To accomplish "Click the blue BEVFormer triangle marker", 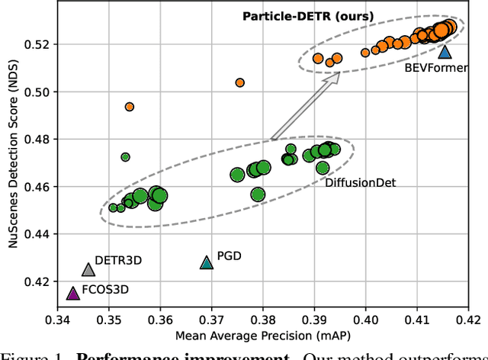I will (x=445, y=52).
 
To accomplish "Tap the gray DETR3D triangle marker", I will (x=88, y=269).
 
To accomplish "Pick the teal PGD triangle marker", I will (x=207, y=262).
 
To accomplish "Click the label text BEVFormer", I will (x=435, y=67).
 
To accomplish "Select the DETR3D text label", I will (x=118, y=261).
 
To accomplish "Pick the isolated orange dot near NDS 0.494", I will (x=130, y=107).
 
